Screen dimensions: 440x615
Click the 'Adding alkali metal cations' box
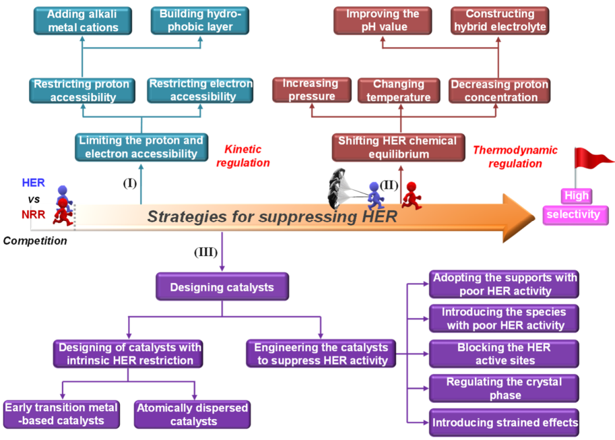click(x=83, y=21)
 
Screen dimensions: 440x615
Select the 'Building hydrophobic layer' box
click(x=200, y=21)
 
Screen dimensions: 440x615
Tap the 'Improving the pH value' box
click(x=383, y=21)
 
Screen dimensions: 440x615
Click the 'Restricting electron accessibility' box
click(x=201, y=90)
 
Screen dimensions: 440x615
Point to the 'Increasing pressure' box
click(x=310, y=90)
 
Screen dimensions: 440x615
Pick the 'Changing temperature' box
click(x=399, y=90)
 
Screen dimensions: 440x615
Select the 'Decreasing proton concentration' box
click(x=499, y=90)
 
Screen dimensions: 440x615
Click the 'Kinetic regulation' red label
click(x=247, y=156)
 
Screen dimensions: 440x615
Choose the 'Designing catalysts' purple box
click(x=222, y=287)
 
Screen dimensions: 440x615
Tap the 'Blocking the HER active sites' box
click(x=504, y=354)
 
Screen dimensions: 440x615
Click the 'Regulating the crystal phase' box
click(x=504, y=388)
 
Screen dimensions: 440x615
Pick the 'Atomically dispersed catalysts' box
click(x=192, y=414)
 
